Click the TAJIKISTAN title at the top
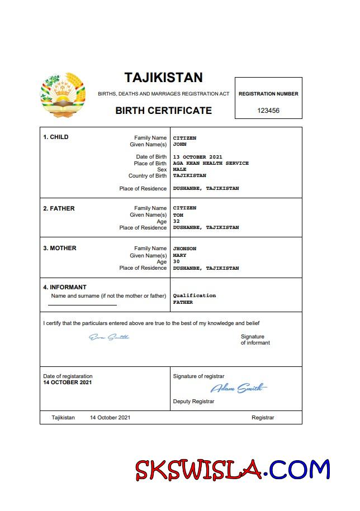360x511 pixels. click(163, 77)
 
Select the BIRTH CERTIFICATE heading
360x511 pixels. click(163, 111)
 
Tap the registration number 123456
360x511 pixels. click(268, 111)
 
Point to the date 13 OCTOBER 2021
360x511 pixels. click(198, 157)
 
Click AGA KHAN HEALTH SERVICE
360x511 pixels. click(211, 164)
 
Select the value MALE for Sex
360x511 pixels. click(180, 170)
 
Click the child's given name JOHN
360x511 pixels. click(180, 144)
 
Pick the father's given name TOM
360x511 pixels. click(178, 215)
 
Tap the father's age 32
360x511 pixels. click(177, 221)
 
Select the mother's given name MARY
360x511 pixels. click(180, 255)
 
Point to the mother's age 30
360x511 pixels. click(177, 262)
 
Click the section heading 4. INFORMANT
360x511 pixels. click(65, 288)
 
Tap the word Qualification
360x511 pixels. click(195, 295)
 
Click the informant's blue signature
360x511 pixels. click(109, 337)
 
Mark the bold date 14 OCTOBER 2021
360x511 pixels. click(68, 383)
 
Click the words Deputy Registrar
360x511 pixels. click(193, 402)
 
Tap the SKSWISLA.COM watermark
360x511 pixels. click(233, 470)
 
